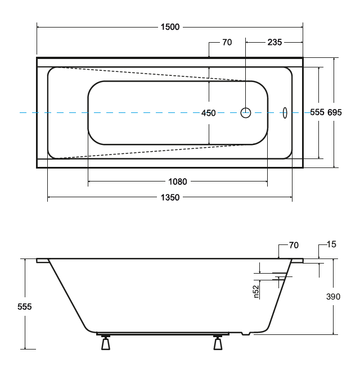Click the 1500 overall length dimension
[x=170, y=27]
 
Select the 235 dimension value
[x=274, y=42]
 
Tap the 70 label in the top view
[x=227, y=42]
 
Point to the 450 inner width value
[x=209, y=113]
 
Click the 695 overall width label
[x=335, y=112]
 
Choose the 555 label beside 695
[x=317, y=112]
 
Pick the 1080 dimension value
[x=178, y=182]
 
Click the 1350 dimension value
[x=170, y=197]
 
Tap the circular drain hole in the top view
[x=246, y=113]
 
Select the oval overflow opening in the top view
[x=285, y=113]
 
